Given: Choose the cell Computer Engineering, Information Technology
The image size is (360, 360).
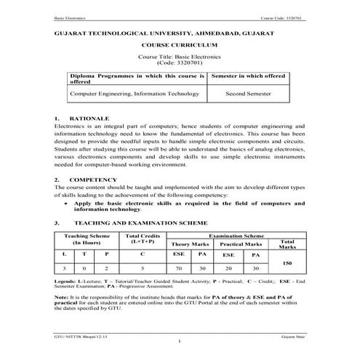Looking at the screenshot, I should pos(135,94).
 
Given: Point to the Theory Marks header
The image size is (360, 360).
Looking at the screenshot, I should pos(191,244).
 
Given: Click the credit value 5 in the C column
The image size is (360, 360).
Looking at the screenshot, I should pos(142,268).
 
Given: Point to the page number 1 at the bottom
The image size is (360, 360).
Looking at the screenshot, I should pos(180,342).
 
